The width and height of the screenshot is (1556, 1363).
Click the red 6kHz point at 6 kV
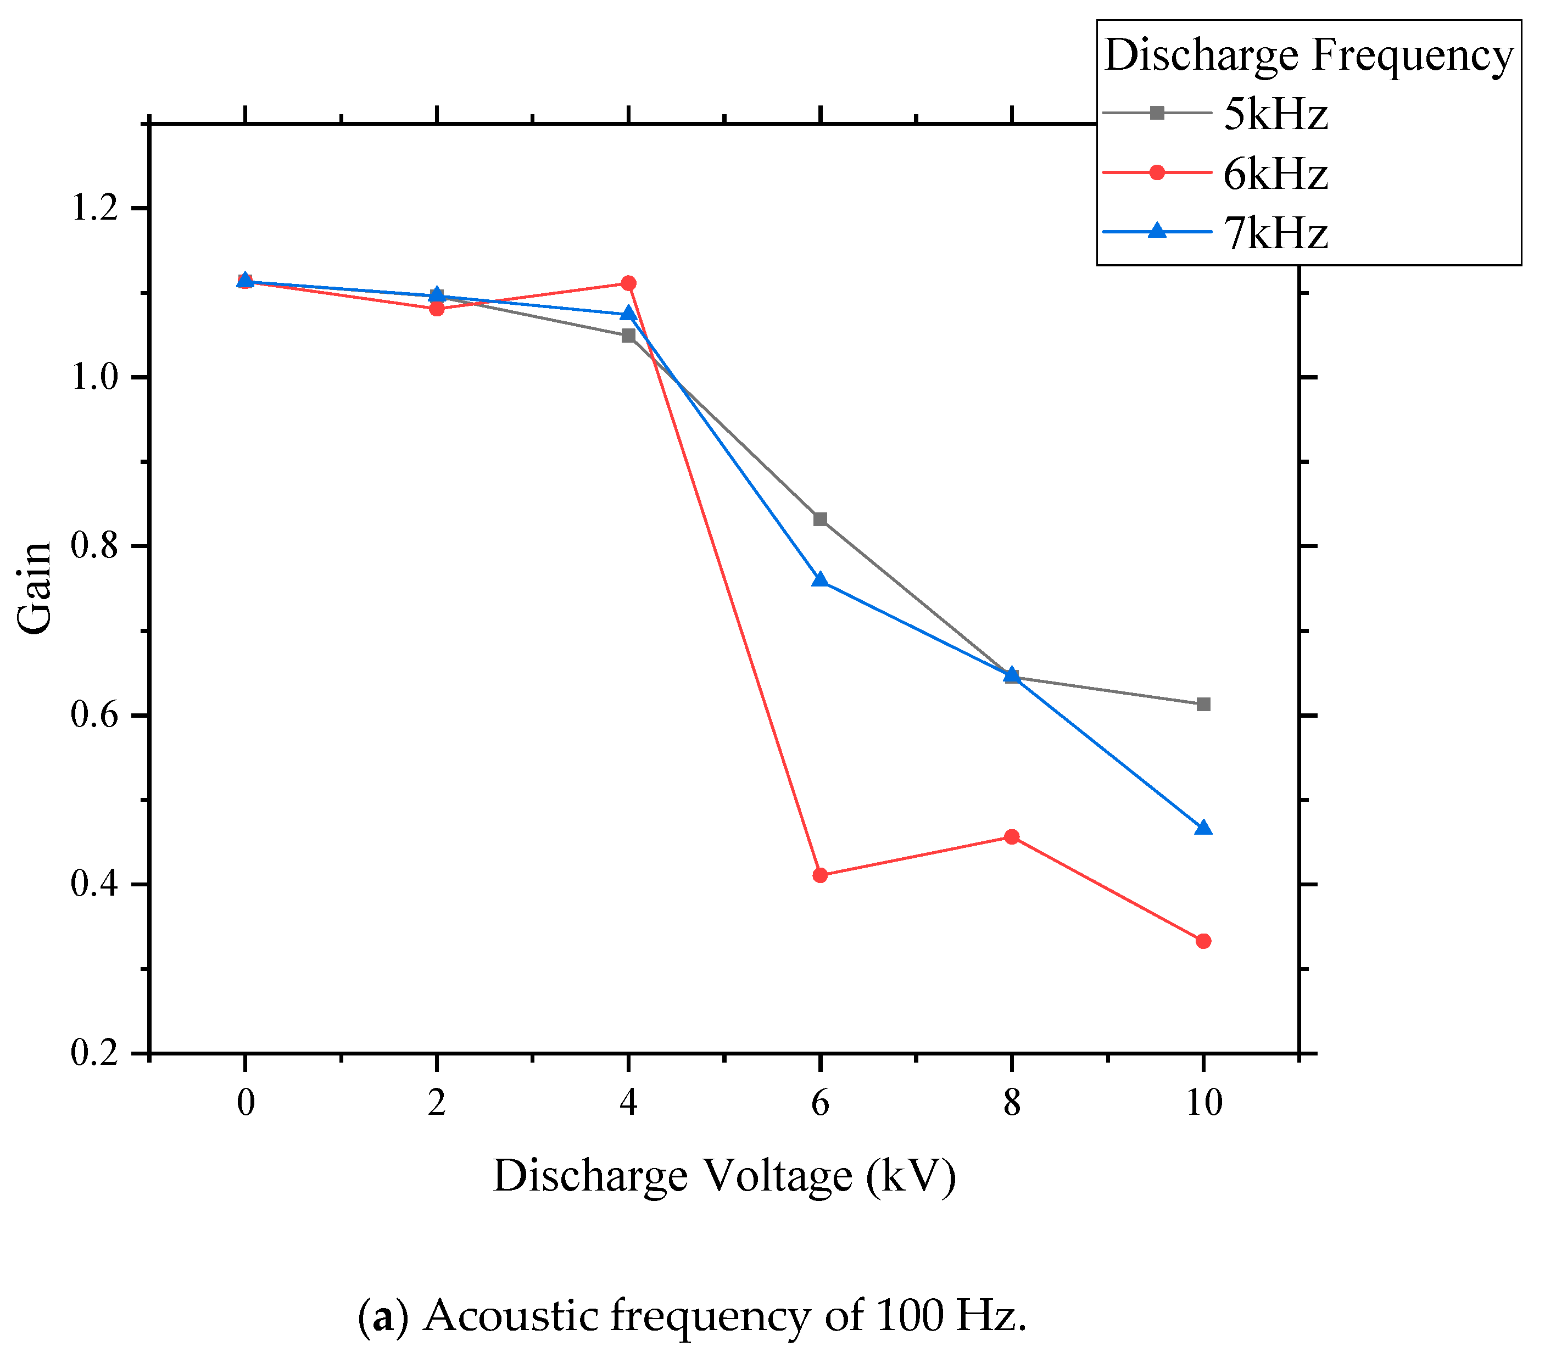pyautogui.click(x=819, y=875)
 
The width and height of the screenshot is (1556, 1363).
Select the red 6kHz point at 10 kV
pyautogui.click(x=1203, y=941)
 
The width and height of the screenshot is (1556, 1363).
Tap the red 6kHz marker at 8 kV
pyautogui.click(x=1011, y=837)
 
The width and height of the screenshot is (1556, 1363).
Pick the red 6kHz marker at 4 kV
pyautogui.click(x=628, y=283)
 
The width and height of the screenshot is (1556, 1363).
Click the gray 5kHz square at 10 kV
pyautogui.click(x=1203, y=705)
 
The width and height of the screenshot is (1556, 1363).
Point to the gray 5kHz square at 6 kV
pyautogui.click(x=819, y=519)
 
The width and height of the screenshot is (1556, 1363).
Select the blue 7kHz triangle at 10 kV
pyautogui.click(x=1203, y=828)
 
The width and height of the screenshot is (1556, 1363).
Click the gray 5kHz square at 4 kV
pyautogui.click(x=628, y=336)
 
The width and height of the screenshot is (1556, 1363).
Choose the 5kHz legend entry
pyautogui.click(x=1274, y=115)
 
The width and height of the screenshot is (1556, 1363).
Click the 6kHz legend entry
pyautogui.click(x=1274, y=174)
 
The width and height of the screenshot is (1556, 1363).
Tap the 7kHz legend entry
pyautogui.click(x=1274, y=233)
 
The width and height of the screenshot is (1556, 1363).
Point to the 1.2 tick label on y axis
pyautogui.click(x=95, y=208)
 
